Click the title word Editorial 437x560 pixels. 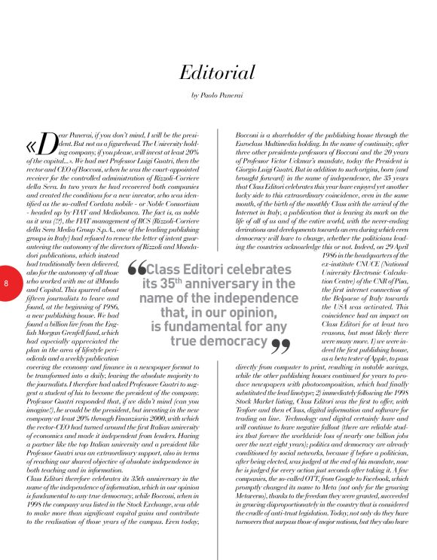(x=218, y=72)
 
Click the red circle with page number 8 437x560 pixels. (x=6, y=284)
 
